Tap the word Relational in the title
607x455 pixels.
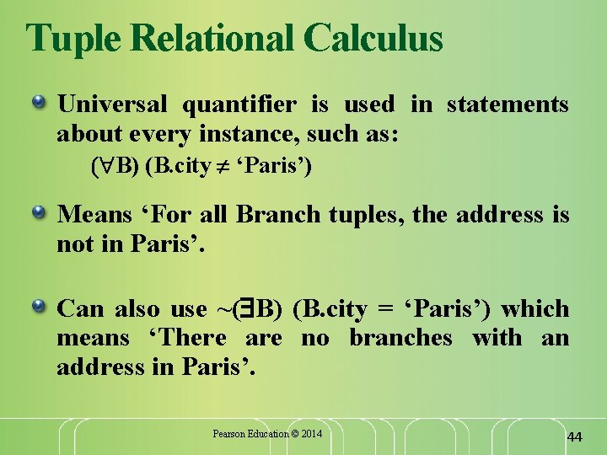[216, 38]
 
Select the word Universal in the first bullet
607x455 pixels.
[112, 104]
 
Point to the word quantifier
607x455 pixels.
[239, 104]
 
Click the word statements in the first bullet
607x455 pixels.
[508, 104]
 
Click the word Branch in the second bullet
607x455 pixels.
[275, 215]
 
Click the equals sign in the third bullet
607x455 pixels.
[384, 310]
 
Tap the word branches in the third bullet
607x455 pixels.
[400, 338]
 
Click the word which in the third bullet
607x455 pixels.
[538, 309]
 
